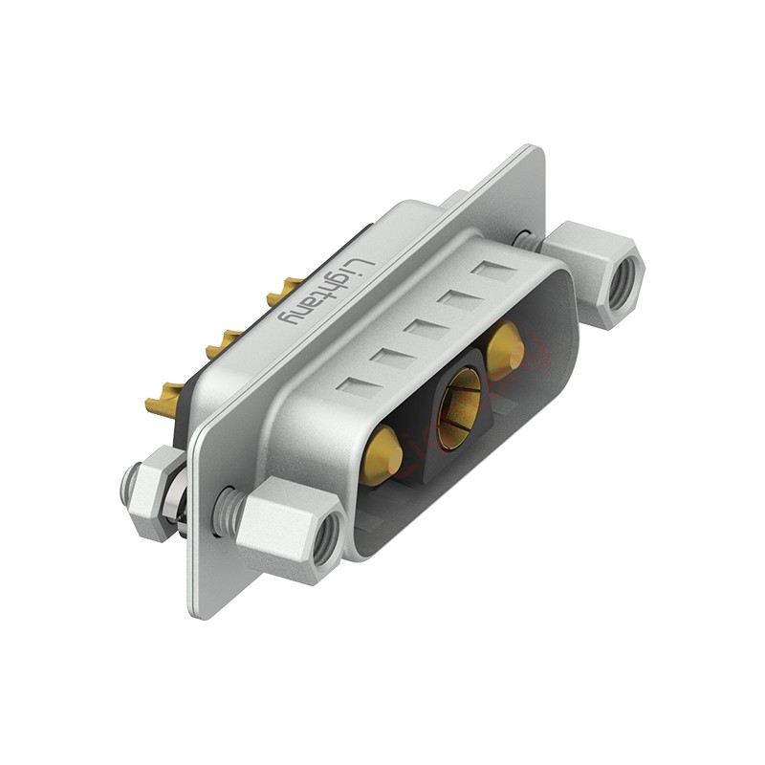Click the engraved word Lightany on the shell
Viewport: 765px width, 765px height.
(326, 292)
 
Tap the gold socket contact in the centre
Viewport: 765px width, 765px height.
(459, 409)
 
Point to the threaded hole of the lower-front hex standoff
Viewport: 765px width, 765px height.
(327, 540)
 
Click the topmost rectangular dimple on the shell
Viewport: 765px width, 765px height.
(496, 271)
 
